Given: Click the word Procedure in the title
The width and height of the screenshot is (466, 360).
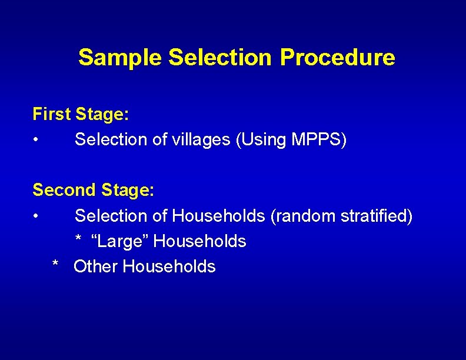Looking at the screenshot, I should pos(337,58).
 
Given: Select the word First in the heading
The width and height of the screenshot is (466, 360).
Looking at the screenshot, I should pos(51,114).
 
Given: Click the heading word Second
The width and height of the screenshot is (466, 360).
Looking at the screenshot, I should pos(64,190).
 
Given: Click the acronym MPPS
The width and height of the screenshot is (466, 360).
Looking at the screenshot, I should pos(316,140).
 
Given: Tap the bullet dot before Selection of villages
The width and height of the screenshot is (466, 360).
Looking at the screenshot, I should pos(36,141).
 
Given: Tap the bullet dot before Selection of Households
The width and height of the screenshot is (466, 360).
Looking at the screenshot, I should pos(36,216).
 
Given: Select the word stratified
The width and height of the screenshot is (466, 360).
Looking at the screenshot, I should pos(377,216).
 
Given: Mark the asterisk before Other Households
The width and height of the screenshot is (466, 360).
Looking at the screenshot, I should pos(55,265).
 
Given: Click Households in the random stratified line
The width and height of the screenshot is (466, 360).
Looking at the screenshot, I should pos(218,216).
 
